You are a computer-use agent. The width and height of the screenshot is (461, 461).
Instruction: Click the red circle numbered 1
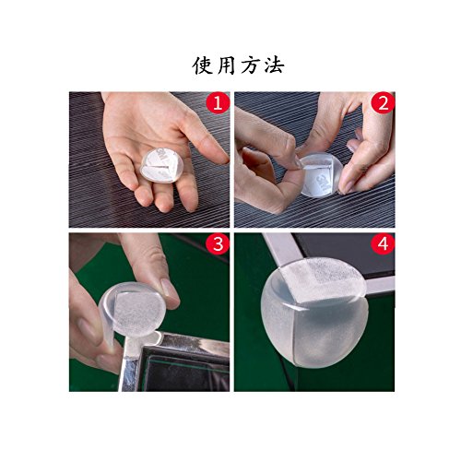(218, 102)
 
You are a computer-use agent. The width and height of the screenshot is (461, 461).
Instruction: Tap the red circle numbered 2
(384, 102)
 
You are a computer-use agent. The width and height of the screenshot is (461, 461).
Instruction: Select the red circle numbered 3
(218, 244)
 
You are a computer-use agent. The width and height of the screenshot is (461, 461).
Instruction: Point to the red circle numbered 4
(384, 244)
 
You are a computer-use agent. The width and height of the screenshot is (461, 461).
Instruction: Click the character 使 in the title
(203, 65)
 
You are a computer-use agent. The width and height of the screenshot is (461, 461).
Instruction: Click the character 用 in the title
(227, 65)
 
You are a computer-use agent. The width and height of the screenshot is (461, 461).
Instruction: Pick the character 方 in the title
(250, 65)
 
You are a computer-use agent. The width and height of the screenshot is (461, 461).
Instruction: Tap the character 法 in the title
(274, 65)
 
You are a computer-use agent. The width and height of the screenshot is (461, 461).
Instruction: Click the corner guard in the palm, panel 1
(160, 165)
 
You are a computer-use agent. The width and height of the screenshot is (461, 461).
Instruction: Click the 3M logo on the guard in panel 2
(322, 181)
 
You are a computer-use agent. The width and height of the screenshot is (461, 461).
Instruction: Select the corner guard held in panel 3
(131, 316)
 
